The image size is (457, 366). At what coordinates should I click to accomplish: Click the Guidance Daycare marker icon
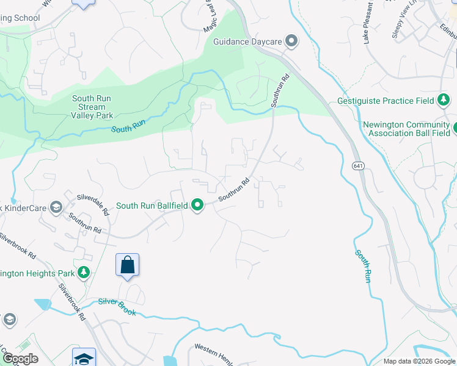pyautogui.click(x=291, y=41)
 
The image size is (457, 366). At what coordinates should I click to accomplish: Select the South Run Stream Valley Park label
pyautogui.click(x=92, y=107)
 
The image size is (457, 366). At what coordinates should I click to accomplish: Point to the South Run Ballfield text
pyautogui.click(x=152, y=206)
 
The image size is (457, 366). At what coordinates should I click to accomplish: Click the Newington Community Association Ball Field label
pyautogui.click(x=406, y=129)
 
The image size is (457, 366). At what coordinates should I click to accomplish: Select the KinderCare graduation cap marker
pyautogui.click(x=56, y=207)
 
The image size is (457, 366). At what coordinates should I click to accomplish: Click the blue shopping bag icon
pyautogui.click(x=127, y=265)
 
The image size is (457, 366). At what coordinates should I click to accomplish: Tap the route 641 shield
pyautogui.click(x=357, y=165)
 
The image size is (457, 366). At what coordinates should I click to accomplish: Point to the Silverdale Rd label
pyautogui.click(x=93, y=204)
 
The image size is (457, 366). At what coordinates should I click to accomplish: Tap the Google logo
pyautogui.click(x=20, y=359)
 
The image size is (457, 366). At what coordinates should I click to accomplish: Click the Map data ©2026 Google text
pyautogui.click(x=419, y=361)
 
